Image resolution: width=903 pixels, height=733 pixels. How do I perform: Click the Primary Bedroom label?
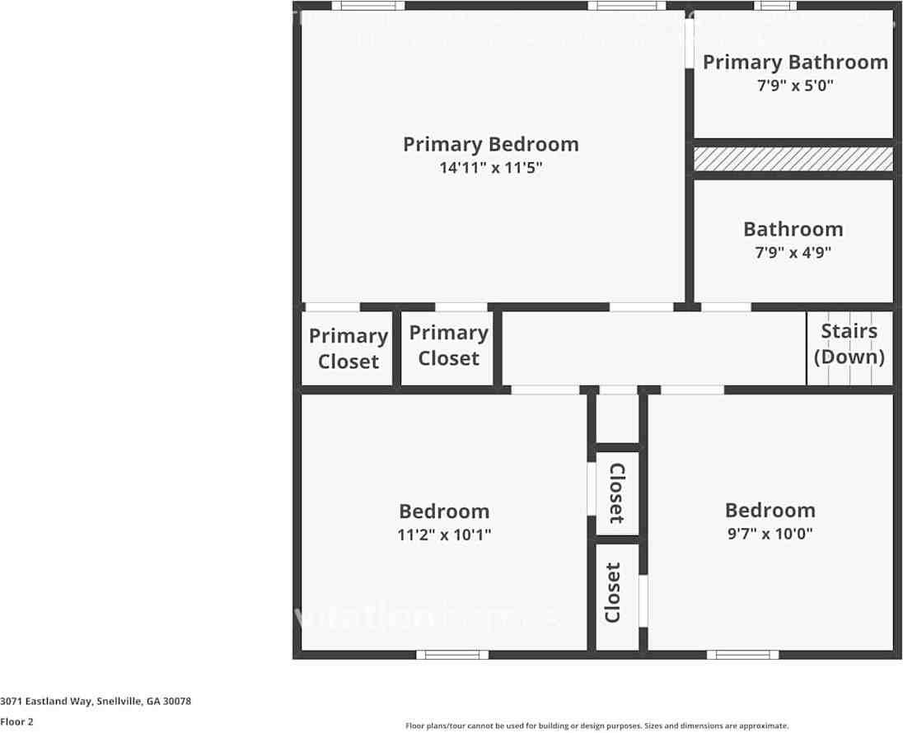(490, 144)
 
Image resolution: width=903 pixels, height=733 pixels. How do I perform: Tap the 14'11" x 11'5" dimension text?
(490, 168)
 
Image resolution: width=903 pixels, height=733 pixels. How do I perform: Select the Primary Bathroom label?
(794, 62)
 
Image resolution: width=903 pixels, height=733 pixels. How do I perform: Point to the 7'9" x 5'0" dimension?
(794, 85)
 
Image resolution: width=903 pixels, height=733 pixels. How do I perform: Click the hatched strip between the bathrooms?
(793, 159)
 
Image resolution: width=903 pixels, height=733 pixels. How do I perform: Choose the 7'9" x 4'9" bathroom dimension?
(793, 253)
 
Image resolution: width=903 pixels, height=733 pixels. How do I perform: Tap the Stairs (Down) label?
(849, 343)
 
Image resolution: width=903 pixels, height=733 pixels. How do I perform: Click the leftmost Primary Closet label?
(348, 348)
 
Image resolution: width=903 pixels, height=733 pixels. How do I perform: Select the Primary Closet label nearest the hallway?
(448, 345)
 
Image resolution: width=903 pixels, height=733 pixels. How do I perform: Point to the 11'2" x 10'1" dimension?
(444, 535)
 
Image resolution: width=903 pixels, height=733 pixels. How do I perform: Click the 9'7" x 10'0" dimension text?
(770, 533)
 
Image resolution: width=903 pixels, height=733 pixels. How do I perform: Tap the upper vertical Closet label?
(617, 493)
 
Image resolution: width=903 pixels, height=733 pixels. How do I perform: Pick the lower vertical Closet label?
(613, 592)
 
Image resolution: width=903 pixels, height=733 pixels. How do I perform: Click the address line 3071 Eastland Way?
(96, 701)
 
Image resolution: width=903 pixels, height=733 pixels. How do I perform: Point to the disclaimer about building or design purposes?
(597, 726)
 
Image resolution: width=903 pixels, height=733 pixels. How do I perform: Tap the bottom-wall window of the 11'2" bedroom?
(451, 655)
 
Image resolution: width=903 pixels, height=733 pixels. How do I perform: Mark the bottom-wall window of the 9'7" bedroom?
(742, 655)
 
